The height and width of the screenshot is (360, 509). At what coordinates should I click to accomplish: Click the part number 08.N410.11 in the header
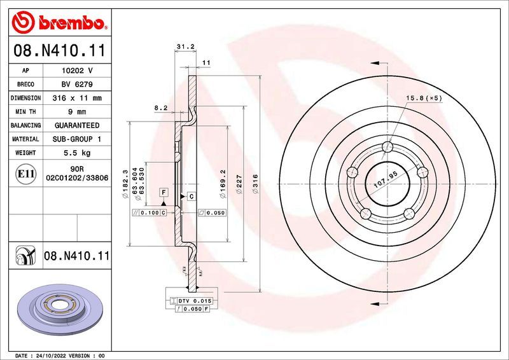tap(59, 50)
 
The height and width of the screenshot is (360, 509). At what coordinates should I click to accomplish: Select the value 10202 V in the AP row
tap(76, 71)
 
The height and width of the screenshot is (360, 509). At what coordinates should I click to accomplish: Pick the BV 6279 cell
tap(76, 85)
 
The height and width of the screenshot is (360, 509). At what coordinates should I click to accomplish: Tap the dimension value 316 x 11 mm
tap(76, 98)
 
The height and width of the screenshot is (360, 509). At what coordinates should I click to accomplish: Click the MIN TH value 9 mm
tap(76, 112)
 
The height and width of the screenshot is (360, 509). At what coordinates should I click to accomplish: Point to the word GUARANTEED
tap(76, 125)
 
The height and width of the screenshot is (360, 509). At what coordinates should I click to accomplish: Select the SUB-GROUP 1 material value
tap(76, 139)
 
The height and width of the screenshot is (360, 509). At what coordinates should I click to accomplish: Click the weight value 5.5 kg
tap(76, 153)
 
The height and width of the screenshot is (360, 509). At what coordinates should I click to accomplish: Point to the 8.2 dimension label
tap(160, 108)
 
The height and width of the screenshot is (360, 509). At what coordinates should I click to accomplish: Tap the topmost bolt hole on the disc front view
tap(387, 148)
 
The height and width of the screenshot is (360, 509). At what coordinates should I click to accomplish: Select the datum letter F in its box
tap(164, 192)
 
